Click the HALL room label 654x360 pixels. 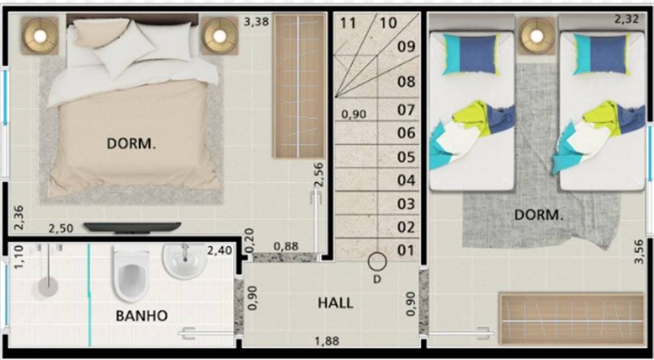click(335, 303)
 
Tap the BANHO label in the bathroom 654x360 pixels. click(141, 315)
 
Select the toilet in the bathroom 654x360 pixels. click(132, 274)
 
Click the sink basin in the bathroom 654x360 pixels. click(185, 261)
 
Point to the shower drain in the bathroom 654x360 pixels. click(48, 287)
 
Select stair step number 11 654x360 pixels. click(348, 24)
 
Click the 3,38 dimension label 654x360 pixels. click(257, 22)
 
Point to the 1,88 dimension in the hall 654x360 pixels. click(327, 341)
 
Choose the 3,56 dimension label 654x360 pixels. click(639, 251)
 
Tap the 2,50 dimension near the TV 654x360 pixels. click(61, 229)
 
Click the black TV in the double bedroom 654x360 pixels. click(132, 227)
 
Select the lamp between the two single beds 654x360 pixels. click(536, 36)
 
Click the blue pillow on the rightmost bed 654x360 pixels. click(602, 54)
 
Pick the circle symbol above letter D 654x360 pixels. click(377, 262)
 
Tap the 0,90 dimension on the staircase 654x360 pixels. click(354, 114)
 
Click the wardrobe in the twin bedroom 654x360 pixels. click(572, 320)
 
